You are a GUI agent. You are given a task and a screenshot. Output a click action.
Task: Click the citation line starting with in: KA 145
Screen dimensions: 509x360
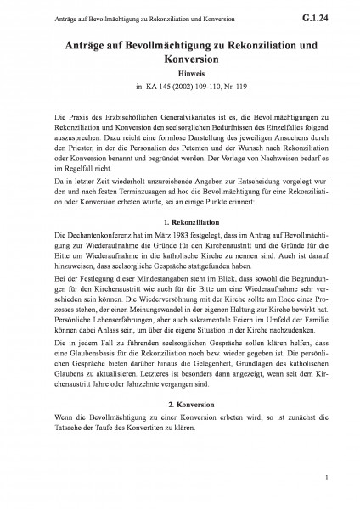point(179,86)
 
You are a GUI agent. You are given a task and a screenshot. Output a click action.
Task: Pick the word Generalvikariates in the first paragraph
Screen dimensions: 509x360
point(183,115)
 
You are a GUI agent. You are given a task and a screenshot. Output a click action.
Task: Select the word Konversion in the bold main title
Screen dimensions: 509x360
point(179,59)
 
